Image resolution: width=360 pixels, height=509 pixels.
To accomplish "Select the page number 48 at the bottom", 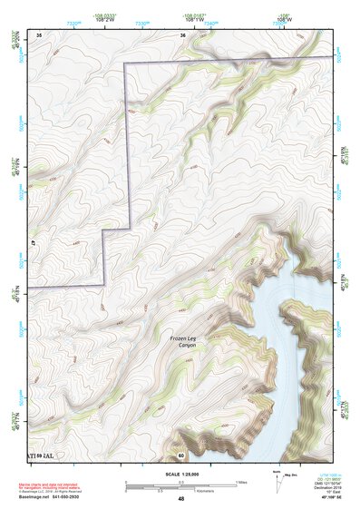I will [x=181, y=499].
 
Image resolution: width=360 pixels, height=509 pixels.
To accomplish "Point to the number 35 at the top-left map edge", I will [x=39, y=34].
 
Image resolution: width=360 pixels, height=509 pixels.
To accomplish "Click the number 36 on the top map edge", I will [x=182, y=34].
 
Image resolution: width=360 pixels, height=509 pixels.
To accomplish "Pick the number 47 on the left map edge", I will [x=32, y=243].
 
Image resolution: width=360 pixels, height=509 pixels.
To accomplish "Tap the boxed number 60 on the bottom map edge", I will [x=181, y=454].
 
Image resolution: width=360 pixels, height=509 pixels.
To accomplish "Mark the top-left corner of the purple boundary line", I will [x=124, y=63].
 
